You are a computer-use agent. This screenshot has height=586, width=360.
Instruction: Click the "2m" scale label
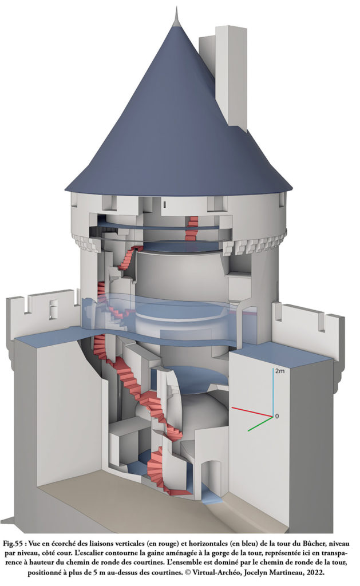[280, 371]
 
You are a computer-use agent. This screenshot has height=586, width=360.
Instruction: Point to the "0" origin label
[277, 416]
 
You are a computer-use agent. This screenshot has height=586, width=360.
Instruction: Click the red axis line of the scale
[252, 411]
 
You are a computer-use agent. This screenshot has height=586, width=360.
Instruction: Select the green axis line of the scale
[260, 424]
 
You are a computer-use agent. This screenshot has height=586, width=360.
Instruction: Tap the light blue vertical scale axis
[273, 391]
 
